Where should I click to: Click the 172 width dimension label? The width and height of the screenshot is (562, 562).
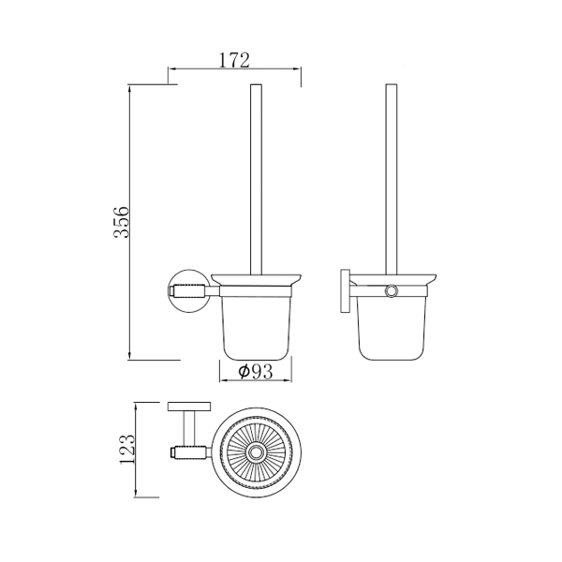coord(234,60)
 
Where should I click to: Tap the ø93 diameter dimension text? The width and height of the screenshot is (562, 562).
coord(256,372)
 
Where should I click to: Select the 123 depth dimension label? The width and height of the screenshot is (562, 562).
coord(127,450)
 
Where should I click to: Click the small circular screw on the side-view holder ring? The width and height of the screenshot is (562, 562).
coord(391,291)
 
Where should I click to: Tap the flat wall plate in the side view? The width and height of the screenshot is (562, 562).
coord(345,290)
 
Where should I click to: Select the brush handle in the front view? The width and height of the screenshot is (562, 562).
coord(256,180)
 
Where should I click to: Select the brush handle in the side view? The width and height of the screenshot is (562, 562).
coord(391,179)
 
